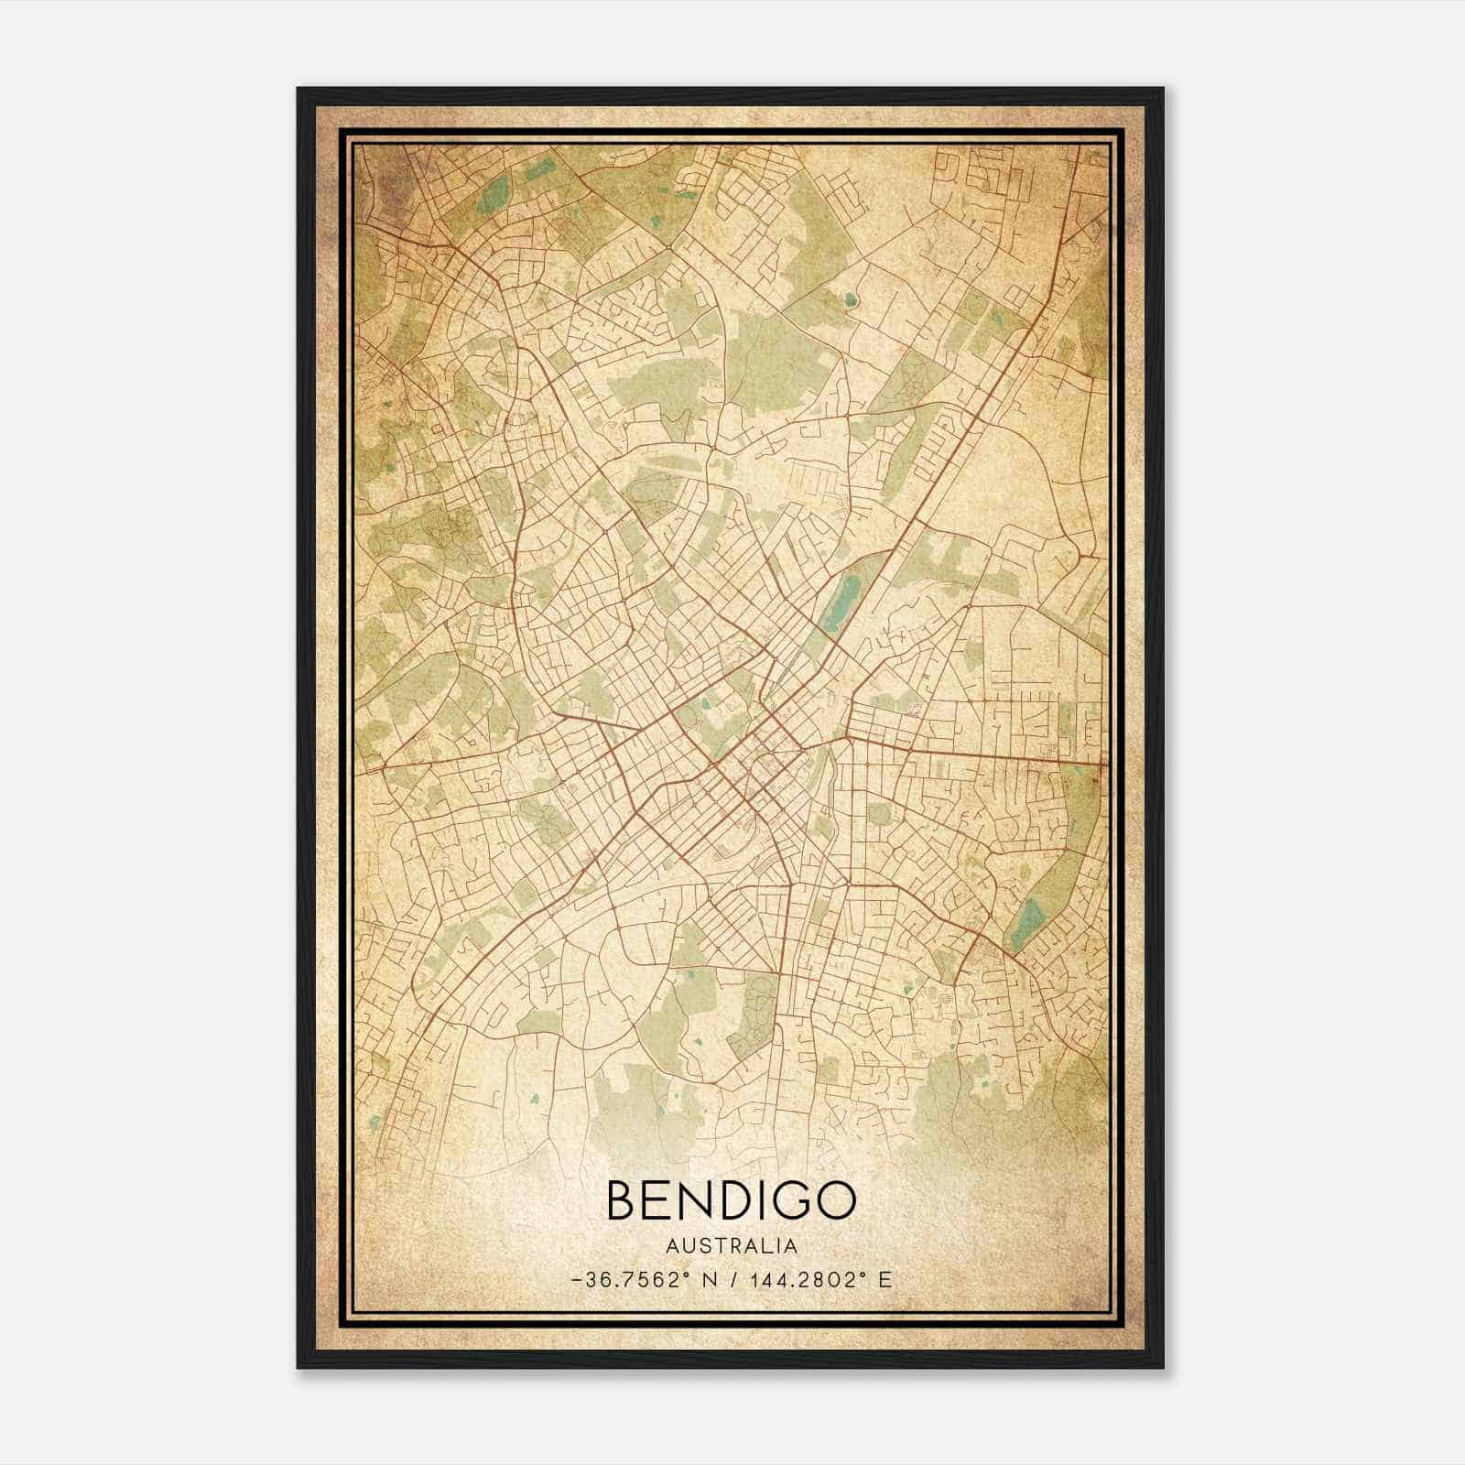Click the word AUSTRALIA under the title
(x=731, y=1246)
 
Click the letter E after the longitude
(x=884, y=1279)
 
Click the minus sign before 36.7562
(x=575, y=1280)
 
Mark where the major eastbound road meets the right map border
(x=1106, y=763)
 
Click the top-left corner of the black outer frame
(x=298, y=89)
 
